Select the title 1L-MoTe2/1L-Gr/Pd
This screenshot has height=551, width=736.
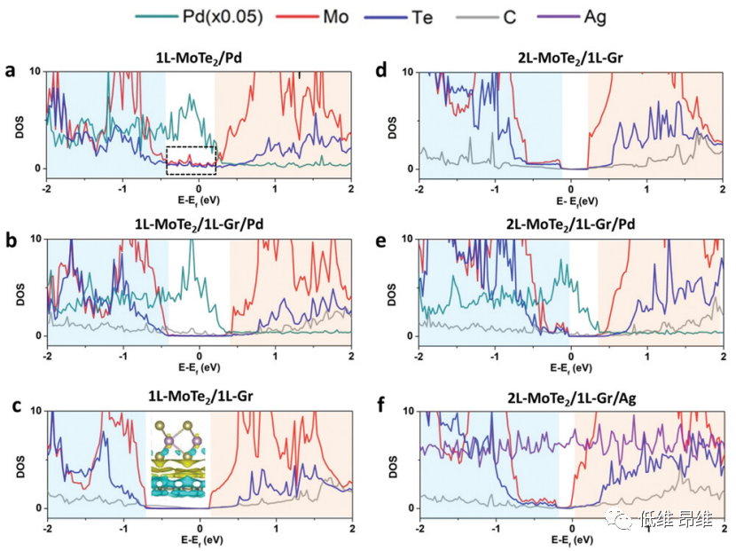(200, 226)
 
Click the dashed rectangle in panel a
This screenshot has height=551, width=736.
(192, 160)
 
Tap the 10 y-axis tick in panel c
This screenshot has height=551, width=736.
(35, 410)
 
